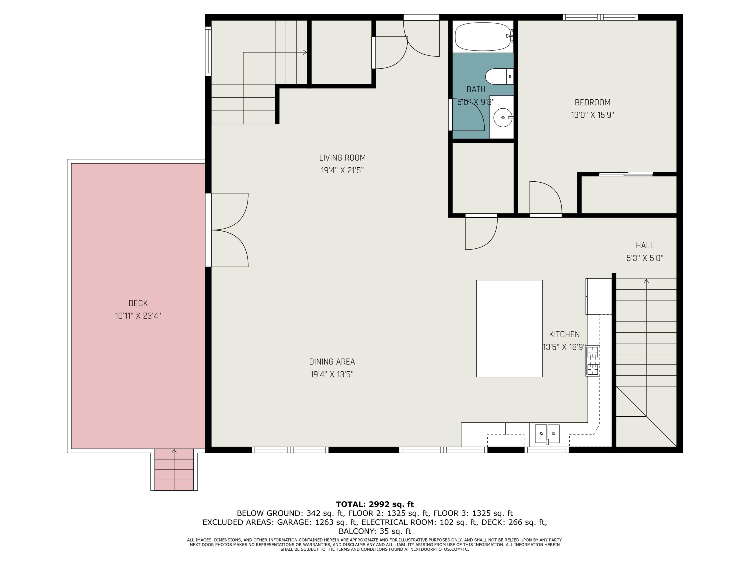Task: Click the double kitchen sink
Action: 547,434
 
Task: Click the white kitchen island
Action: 509,328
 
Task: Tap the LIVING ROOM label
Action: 342,158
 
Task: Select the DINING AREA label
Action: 332,362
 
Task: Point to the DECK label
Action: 138,303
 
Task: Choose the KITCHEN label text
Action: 564,334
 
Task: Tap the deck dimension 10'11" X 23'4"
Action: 138,316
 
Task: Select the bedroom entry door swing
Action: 546,198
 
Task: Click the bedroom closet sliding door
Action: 626,174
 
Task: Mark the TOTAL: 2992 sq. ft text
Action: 375,504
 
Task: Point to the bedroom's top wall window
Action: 600,17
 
